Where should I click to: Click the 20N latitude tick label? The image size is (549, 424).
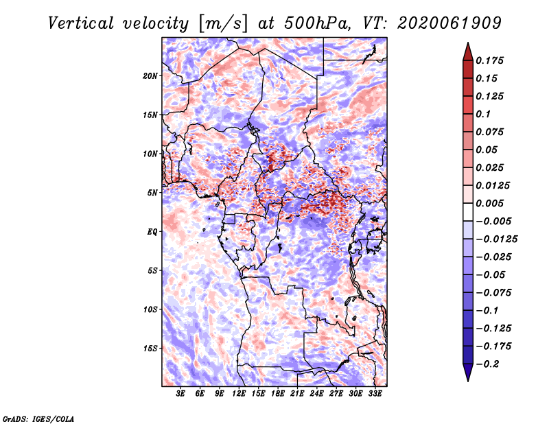[x=150, y=76]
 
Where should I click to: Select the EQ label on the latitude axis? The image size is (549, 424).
[x=152, y=232]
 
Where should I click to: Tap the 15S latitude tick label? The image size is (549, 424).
[x=150, y=349]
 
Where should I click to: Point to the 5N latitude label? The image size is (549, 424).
[x=152, y=193]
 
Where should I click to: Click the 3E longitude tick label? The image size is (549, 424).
[x=180, y=394]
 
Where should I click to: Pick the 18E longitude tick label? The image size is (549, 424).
[x=278, y=394]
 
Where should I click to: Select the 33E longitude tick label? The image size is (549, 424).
[x=375, y=394]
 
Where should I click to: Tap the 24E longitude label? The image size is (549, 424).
[x=316, y=394]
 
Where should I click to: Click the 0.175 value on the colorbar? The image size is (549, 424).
[x=489, y=60]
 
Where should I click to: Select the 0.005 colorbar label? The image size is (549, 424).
[x=489, y=203]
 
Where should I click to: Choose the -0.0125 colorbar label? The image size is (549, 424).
[x=497, y=239]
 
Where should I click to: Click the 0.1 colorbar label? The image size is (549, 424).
[x=483, y=114]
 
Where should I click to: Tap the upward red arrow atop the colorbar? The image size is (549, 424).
[x=468, y=51]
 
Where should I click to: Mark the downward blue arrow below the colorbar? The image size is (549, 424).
[x=468, y=373]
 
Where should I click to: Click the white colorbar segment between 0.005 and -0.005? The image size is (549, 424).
[x=468, y=212]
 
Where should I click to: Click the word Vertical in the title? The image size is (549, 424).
[x=81, y=23]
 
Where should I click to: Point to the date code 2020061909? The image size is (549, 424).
[x=449, y=23]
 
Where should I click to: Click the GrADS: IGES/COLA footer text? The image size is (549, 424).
[x=38, y=419]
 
